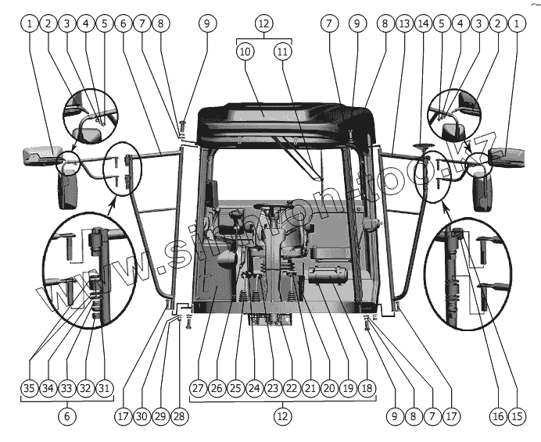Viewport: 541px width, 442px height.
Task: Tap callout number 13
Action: pyautogui.click(x=404, y=24)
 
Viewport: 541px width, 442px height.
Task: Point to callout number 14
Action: pyautogui.click(x=424, y=24)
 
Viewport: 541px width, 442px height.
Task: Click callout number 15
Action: pyautogui.click(x=516, y=417)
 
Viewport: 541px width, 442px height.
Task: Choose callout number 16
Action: pyautogui.click(x=497, y=417)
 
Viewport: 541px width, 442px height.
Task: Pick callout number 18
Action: pyautogui.click(x=367, y=387)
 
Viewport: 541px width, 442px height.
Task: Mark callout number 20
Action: pyautogui.click(x=328, y=387)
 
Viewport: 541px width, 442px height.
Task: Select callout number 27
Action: pyautogui.click(x=197, y=387)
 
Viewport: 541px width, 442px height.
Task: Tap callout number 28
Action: pyautogui.click(x=178, y=417)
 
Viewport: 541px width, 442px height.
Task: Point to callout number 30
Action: pyautogui.click(x=141, y=417)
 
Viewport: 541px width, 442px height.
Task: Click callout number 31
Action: pyautogui.click(x=104, y=387)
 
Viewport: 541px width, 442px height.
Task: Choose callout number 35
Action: pyautogui.click(x=29, y=387)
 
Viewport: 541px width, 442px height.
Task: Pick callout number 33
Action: pyautogui.click(x=66, y=387)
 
